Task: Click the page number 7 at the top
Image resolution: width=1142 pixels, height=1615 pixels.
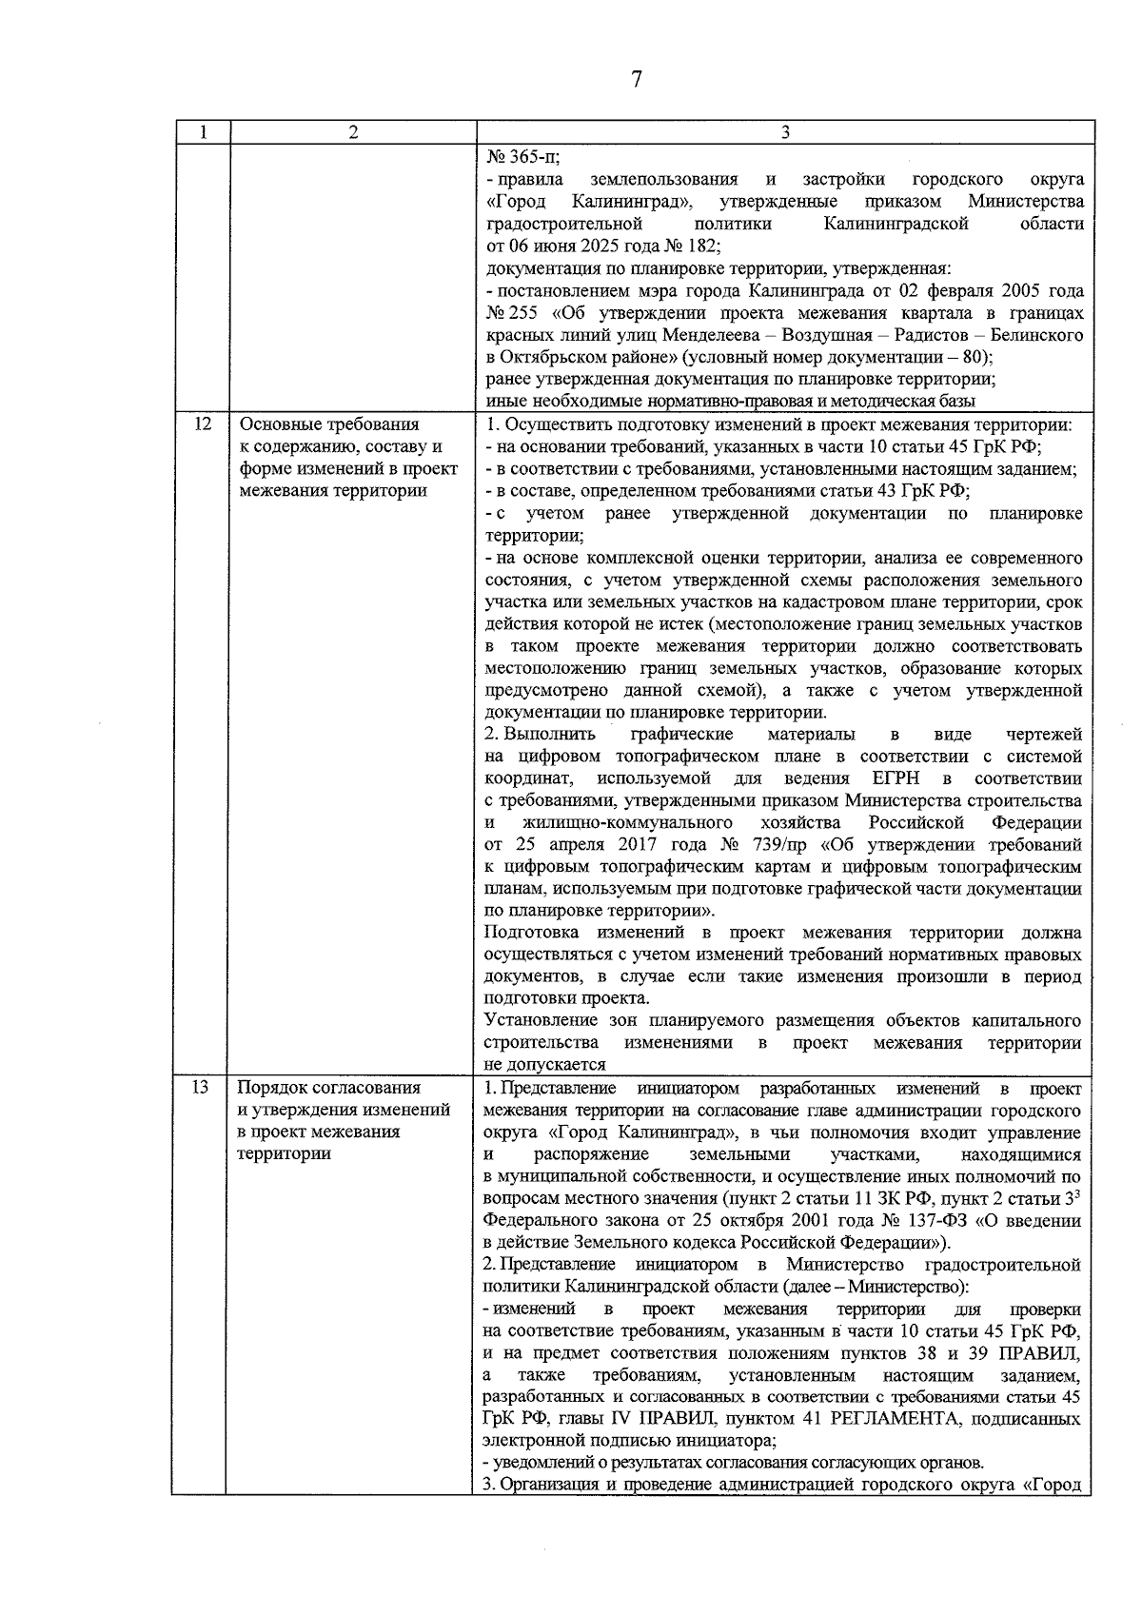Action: click(x=637, y=79)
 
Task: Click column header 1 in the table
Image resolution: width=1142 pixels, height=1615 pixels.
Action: click(x=203, y=133)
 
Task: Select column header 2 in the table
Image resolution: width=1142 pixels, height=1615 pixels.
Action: click(x=353, y=133)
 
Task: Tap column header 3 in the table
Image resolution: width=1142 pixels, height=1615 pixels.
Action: click(x=785, y=133)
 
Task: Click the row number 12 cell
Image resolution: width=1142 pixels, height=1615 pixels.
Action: click(x=202, y=424)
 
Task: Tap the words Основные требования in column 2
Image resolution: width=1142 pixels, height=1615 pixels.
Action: click(x=329, y=424)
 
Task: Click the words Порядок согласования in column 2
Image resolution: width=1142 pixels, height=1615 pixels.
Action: click(x=328, y=1087)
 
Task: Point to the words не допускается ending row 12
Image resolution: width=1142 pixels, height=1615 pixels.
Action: click(x=544, y=1065)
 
